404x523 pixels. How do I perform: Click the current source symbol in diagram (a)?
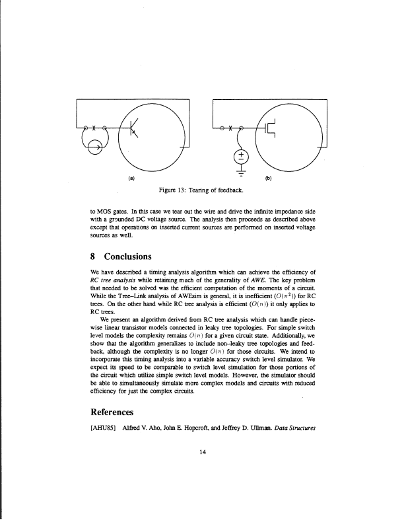tap(90, 146)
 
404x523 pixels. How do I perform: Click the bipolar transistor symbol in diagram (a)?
tap(135, 127)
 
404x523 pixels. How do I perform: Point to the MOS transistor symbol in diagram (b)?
tap(271, 128)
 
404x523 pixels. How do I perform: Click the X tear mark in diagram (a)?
tap(94, 127)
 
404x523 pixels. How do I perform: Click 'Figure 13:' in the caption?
tap(174, 192)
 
